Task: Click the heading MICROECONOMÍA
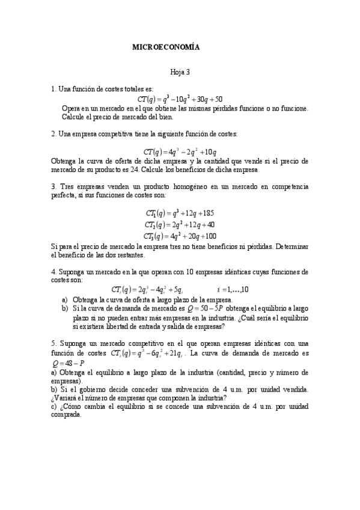[166, 46]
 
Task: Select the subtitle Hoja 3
[180, 72]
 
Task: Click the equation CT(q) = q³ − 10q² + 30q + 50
[180, 99]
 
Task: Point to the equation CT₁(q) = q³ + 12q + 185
[180, 213]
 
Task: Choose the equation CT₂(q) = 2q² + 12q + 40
[180, 224]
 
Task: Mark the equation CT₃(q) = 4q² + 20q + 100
[180, 236]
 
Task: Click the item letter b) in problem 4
[65, 308]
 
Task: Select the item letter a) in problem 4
[65, 299]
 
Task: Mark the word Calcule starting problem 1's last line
[75, 117]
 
